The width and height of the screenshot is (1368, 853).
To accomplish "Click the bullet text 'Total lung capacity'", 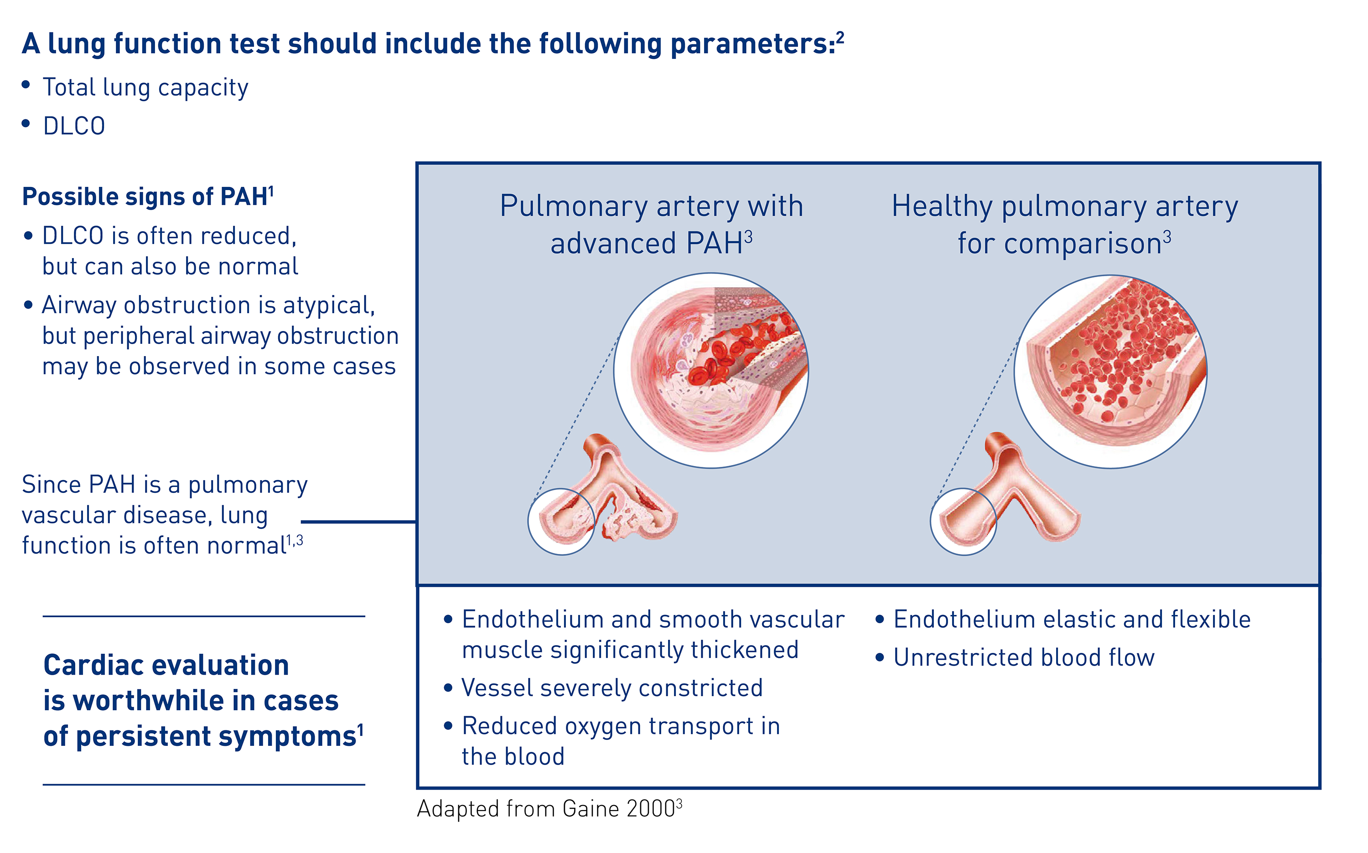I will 145,88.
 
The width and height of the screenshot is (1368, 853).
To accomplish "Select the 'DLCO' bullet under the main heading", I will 74,126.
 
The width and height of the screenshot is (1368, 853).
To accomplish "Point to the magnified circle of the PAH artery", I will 711,371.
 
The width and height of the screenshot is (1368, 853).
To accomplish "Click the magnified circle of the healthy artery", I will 1110,372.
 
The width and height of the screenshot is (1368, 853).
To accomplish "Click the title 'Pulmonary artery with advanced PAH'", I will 652,224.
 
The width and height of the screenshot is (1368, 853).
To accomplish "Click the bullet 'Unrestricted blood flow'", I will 1024,658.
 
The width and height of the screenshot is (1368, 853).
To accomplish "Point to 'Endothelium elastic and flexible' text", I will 1072,620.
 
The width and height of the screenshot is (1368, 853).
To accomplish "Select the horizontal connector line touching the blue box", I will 359,522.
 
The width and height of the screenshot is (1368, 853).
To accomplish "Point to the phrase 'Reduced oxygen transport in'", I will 621,727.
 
